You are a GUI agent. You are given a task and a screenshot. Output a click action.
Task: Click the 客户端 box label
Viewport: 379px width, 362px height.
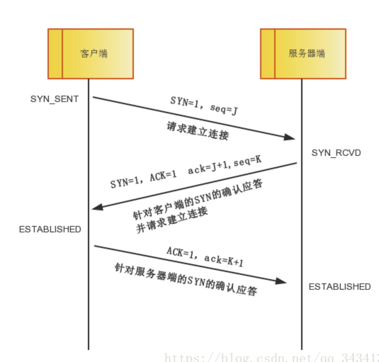[94, 54]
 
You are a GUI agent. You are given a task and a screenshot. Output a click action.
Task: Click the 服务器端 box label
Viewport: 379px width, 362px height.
[307, 54]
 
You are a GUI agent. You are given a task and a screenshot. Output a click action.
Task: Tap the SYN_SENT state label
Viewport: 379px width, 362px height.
[54, 99]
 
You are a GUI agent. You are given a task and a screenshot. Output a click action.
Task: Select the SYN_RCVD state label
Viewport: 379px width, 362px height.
[336, 153]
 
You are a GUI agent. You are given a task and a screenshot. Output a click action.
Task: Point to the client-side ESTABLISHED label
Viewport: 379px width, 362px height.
[50, 230]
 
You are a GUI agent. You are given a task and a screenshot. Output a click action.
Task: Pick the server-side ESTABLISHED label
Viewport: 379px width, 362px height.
[340, 287]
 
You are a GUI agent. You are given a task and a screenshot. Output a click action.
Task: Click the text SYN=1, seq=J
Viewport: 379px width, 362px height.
[204, 106]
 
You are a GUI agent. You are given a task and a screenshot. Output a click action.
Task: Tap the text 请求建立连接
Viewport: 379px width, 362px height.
[198, 131]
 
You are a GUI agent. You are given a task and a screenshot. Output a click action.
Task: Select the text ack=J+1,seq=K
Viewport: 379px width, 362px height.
[225, 165]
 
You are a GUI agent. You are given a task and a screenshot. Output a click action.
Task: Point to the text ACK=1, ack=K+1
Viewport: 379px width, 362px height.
[205, 256]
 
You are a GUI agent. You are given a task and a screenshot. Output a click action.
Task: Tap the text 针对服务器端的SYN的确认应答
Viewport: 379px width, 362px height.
[186, 279]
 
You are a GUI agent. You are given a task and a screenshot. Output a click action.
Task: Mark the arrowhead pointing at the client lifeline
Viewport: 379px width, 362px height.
[97, 207]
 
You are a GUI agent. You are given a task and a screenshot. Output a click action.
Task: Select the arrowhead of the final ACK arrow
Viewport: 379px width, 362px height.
[281, 281]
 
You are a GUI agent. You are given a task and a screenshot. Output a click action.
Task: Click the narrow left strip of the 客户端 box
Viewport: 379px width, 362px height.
[55, 54]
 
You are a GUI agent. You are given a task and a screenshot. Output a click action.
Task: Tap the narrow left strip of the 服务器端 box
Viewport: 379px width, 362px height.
[268, 54]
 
